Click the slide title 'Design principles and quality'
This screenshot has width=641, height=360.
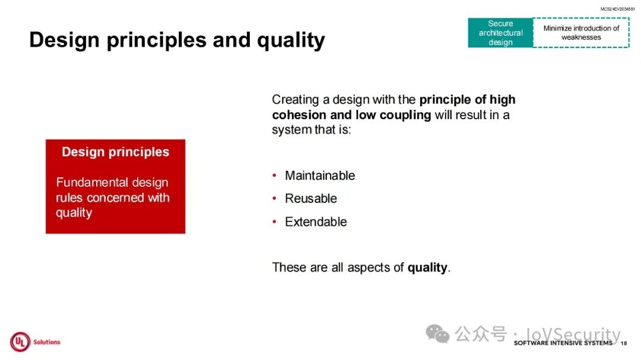pos(177,40)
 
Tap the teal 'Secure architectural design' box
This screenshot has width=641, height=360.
pos(500,33)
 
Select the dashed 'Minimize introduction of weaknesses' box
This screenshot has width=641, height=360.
pos(581,33)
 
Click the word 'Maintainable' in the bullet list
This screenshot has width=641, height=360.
pos(320,176)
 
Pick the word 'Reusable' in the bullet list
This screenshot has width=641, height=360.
pos(311,199)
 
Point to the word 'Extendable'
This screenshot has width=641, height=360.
pos(316,222)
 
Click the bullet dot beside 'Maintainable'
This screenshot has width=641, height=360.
pos(274,176)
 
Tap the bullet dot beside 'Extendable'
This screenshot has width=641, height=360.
pos(274,222)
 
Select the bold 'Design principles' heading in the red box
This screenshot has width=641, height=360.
pos(115,152)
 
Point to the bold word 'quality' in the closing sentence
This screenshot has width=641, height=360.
pos(427,267)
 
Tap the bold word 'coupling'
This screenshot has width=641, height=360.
pos(405,116)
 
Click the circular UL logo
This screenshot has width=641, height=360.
pos(20,342)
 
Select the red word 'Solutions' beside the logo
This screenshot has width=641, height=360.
pos(47,342)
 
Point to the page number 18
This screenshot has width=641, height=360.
pos(623,343)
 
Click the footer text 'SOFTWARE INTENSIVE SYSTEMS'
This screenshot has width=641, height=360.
pos(563,343)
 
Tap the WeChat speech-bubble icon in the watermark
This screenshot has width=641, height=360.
pos(437,334)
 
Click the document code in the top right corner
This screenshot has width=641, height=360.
pos(617,9)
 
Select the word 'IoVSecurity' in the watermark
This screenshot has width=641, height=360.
pos(573,334)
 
